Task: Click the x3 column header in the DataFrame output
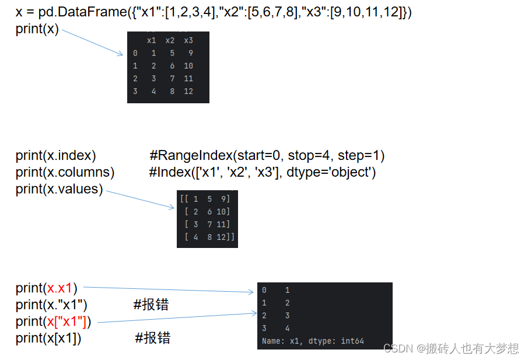click(188, 40)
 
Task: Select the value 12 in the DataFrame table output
click(188, 91)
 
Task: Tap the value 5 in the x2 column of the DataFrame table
click(172, 53)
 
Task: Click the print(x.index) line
click(56, 156)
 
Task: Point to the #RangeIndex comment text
click(267, 156)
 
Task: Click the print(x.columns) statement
click(65, 173)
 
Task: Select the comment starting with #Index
click(263, 173)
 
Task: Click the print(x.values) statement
click(59, 189)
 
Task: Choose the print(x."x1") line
click(51, 304)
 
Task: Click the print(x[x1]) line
click(48, 338)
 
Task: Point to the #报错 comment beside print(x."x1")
click(151, 304)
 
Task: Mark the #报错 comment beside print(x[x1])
click(152, 338)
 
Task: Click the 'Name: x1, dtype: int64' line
click(313, 341)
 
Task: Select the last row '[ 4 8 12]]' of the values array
click(208, 236)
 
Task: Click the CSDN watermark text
click(450, 348)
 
